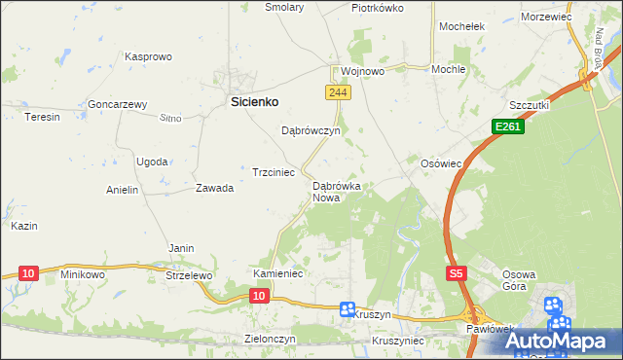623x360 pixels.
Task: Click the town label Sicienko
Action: tap(254, 100)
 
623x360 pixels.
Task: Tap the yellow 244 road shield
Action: tap(337, 91)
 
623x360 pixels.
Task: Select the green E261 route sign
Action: tap(506, 126)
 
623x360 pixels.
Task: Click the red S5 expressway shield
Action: tap(457, 275)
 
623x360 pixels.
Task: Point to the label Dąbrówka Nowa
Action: tap(337, 191)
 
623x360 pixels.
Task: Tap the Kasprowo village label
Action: tap(148, 57)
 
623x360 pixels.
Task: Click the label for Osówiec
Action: tap(439, 163)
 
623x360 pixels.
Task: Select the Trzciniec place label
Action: tap(274, 171)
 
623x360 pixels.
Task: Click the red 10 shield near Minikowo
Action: tap(27, 273)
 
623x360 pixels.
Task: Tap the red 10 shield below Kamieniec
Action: tap(258, 294)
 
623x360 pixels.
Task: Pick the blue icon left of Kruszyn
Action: tap(348, 309)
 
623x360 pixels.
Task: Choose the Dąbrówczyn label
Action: tap(310, 130)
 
